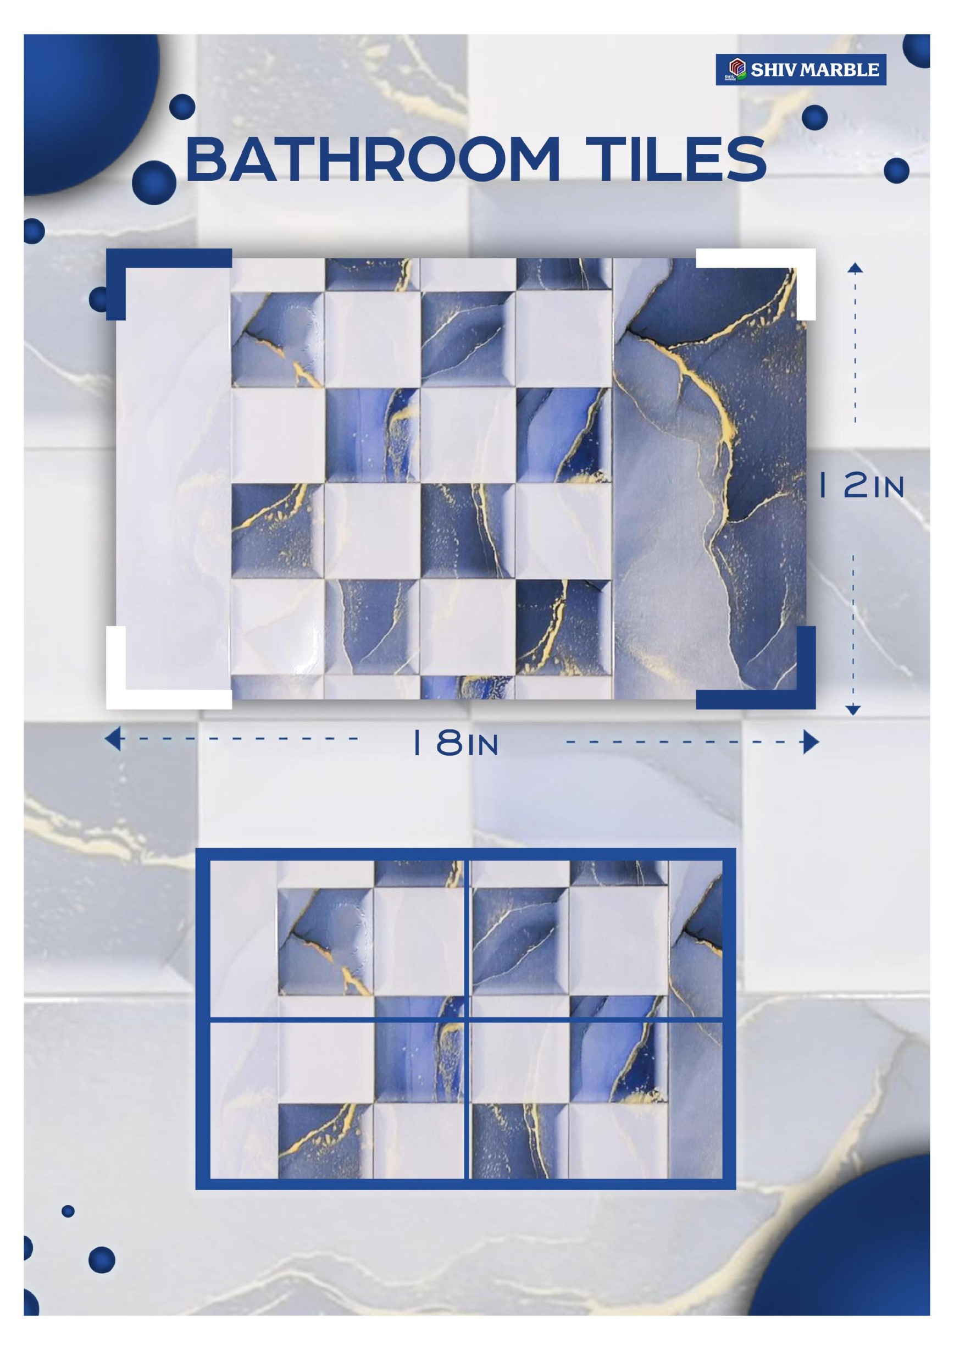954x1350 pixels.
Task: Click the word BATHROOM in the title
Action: click(372, 159)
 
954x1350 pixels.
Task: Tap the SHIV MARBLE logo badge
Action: click(801, 70)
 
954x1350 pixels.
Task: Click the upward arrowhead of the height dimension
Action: click(855, 268)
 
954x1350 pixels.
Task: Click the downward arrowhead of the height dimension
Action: click(855, 710)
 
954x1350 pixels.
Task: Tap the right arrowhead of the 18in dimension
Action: click(811, 743)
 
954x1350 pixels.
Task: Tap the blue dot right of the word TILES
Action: click(896, 171)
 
